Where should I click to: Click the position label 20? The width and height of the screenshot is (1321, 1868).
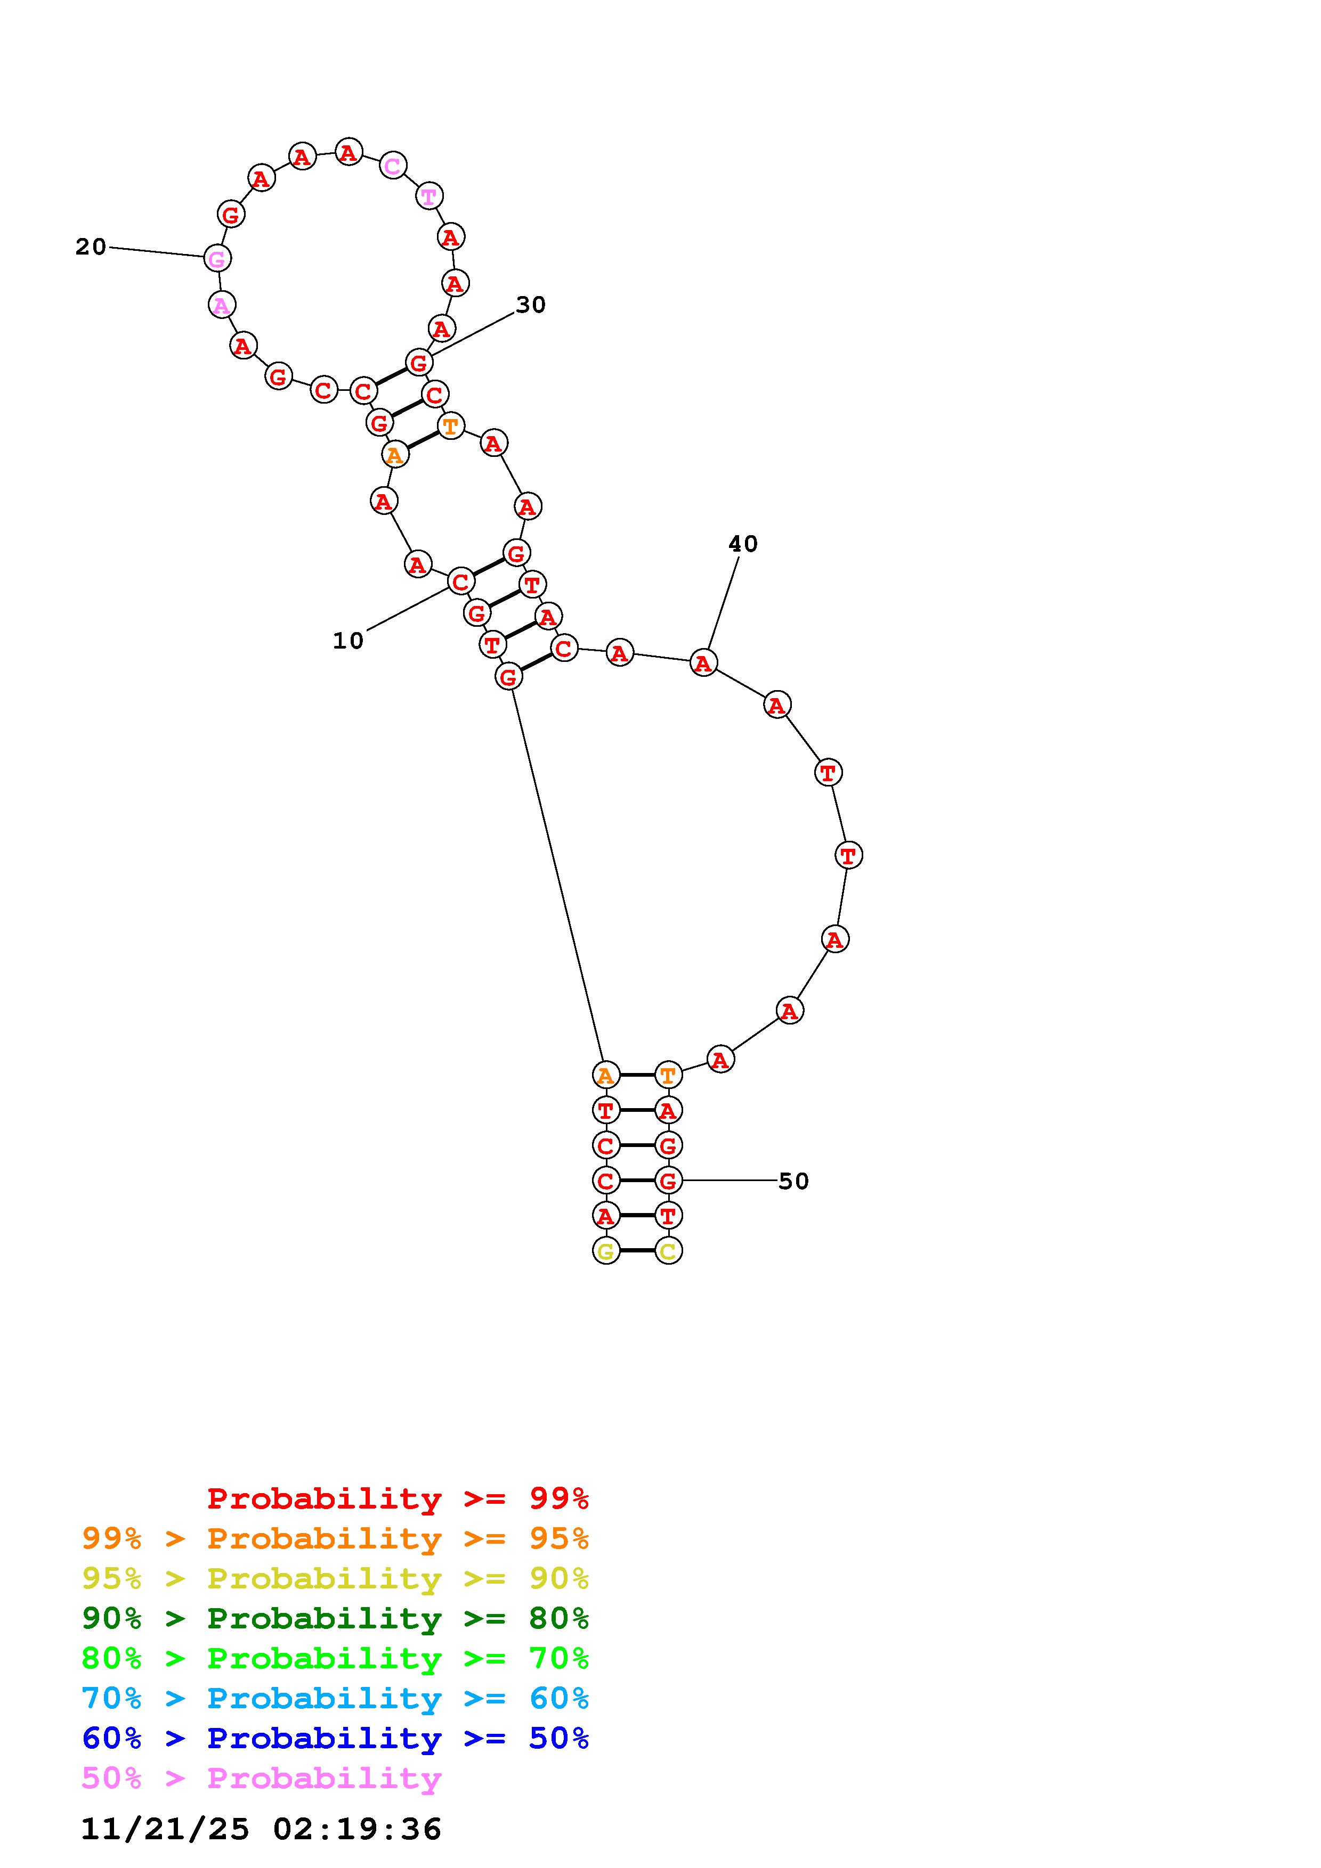tap(91, 247)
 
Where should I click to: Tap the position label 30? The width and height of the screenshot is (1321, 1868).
tap(531, 305)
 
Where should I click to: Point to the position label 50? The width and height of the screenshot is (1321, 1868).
tap(793, 1181)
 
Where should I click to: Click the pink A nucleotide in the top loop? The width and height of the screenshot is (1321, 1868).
tap(221, 306)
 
